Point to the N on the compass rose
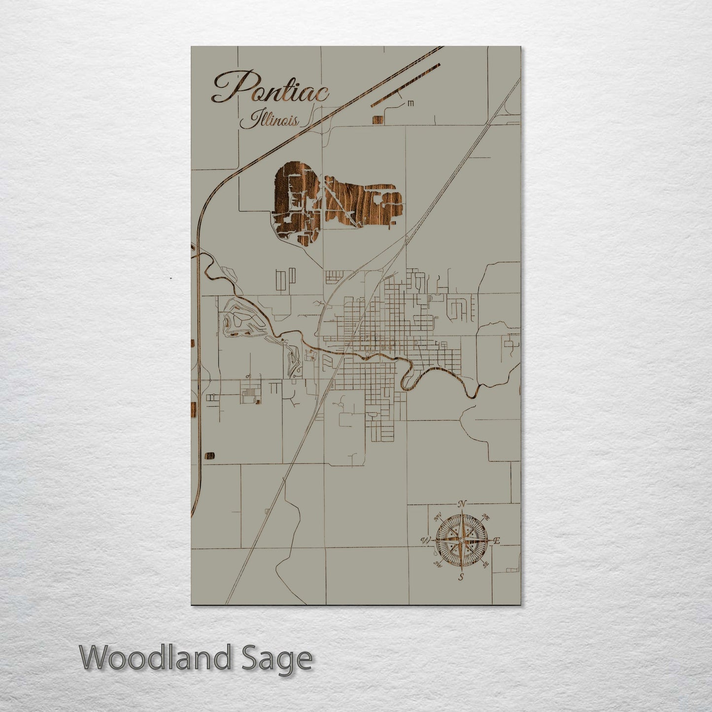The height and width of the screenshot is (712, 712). pyautogui.click(x=462, y=504)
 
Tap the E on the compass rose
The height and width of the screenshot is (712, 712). pyautogui.click(x=497, y=541)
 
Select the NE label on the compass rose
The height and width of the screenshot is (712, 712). pyautogui.click(x=485, y=518)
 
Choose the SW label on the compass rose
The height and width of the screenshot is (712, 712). pyautogui.click(x=437, y=565)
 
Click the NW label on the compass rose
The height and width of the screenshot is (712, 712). pyautogui.click(x=437, y=518)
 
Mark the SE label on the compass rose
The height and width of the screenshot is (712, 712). pyautogui.click(x=485, y=565)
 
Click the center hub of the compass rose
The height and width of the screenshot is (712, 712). pyautogui.click(x=461, y=541)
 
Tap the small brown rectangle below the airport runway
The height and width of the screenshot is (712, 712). pyautogui.click(x=378, y=120)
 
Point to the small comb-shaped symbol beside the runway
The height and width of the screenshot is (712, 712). pyautogui.click(x=410, y=103)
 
